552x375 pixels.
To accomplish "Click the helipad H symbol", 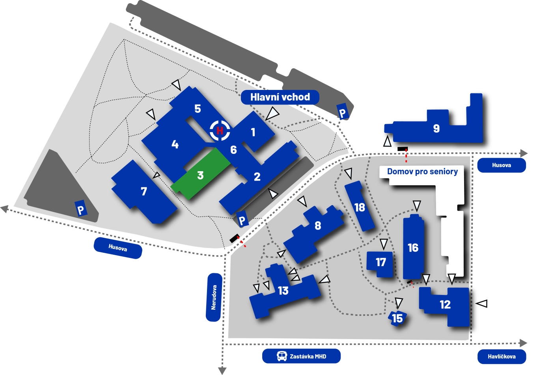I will [220, 131].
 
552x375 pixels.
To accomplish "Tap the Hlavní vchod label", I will [280, 97].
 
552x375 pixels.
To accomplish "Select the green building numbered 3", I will [200, 175].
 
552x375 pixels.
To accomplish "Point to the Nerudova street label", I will [214, 297].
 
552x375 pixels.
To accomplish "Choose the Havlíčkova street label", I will [502, 356].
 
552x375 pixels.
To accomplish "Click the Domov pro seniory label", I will [422, 172].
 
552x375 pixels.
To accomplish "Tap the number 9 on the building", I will [436, 129].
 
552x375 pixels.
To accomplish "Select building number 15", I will [397, 318].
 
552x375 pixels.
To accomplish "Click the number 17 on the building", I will [380, 262].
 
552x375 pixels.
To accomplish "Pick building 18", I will [360, 207].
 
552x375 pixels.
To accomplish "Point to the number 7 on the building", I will [144, 192].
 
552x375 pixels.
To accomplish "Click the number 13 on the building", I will [283, 291].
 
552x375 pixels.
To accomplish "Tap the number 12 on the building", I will [445, 304].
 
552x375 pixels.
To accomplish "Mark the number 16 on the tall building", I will [413, 248].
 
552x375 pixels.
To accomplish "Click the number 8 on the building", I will [318, 226].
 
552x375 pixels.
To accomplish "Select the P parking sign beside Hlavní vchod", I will [342, 113].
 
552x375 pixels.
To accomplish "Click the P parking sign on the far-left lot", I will [81, 209].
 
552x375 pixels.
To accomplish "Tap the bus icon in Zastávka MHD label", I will [282, 356].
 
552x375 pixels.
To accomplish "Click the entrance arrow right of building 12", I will [482, 304].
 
